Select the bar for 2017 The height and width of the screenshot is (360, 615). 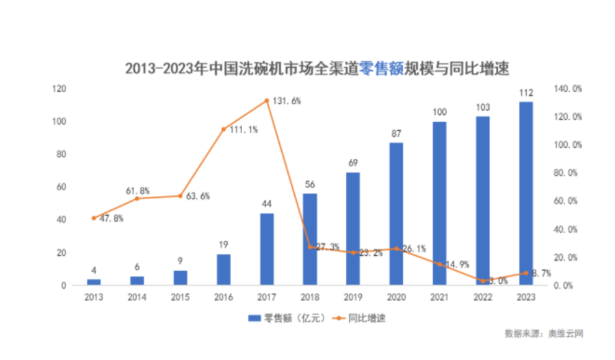pos(267,249)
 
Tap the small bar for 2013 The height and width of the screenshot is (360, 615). pos(94,281)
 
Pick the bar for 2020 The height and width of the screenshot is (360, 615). pos(396,214)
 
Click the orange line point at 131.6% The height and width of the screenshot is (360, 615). pos(267,101)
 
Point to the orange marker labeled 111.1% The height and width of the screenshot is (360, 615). pos(224,129)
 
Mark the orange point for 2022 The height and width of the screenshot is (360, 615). pos(482,281)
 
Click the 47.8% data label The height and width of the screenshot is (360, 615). pos(110,218)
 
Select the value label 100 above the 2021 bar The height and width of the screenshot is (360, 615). pos(439,112)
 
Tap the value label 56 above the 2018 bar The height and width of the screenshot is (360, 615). pos(310,183)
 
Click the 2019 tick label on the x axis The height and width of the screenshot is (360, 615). pos(353,296)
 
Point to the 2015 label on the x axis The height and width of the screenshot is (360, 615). pos(180,296)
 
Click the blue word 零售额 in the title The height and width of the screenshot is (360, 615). pos(380,69)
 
